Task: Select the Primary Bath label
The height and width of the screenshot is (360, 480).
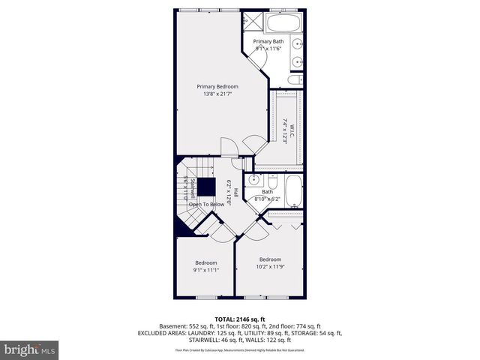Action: tap(267, 41)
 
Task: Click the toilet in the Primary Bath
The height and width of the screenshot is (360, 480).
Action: tap(295, 78)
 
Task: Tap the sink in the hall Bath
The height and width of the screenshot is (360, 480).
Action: tap(255, 181)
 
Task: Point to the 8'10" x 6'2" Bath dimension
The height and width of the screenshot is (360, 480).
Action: tap(266, 199)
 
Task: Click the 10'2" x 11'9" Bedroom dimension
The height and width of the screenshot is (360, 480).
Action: tap(270, 266)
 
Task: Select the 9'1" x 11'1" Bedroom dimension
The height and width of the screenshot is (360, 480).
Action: tap(205, 271)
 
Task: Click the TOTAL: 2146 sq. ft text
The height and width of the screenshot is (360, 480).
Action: tap(239, 319)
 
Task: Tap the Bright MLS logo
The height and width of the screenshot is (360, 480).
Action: tap(30, 349)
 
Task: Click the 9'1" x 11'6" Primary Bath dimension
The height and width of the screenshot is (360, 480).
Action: tap(267, 49)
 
